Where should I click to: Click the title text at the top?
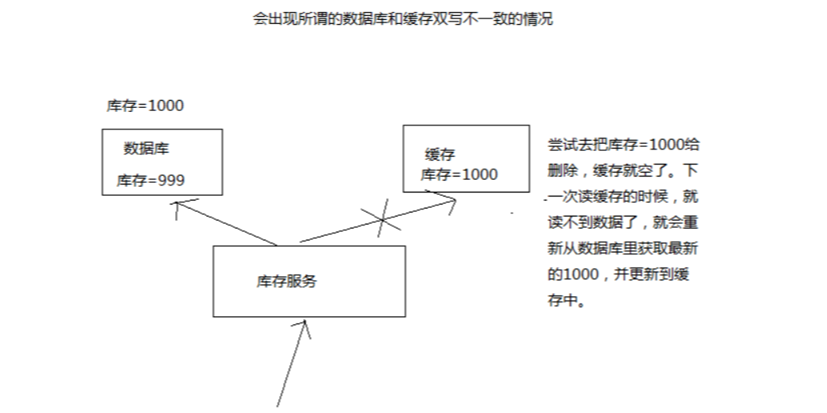[x=402, y=19]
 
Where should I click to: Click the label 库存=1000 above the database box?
[x=145, y=106]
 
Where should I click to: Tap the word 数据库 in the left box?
[x=146, y=149]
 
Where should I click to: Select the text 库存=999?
[x=150, y=181]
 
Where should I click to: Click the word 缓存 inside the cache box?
[x=440, y=154]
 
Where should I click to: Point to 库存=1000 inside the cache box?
[x=459, y=175]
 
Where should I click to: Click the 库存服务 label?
[x=286, y=281]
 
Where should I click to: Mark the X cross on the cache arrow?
[x=379, y=218]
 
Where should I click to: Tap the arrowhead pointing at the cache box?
[x=452, y=201]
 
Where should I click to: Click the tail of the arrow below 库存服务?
[x=280, y=403]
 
